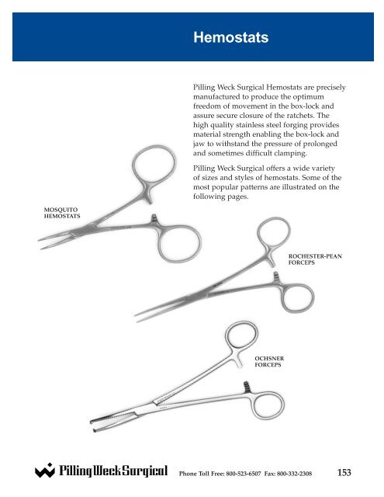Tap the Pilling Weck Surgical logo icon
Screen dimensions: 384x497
pyautogui.click(x=44, y=471)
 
